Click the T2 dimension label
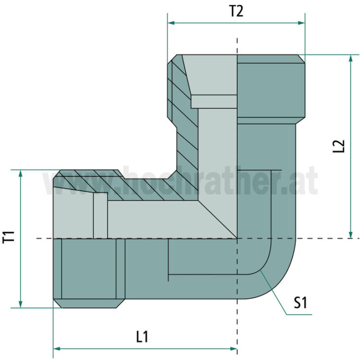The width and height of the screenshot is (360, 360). (236, 11)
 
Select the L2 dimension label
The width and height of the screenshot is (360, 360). (339, 147)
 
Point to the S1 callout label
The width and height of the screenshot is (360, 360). (300, 302)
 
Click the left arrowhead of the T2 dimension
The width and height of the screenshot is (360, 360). (171, 23)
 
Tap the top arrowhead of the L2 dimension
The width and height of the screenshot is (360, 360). (351, 58)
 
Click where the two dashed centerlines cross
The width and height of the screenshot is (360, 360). (237, 239)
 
